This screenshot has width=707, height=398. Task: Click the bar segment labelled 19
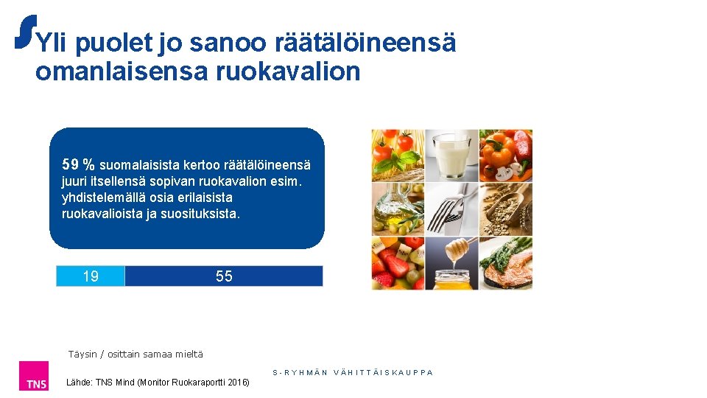coord(91,276)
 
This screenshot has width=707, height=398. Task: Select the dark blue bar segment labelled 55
coord(224,276)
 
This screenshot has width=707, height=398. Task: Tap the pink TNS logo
coord(35,376)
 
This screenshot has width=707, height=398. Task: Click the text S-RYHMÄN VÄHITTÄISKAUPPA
coord(353,373)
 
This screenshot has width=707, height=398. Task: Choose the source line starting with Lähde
coord(158,382)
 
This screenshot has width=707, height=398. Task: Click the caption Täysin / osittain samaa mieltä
coord(135,355)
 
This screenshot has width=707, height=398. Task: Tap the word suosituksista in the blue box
coord(203,214)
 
